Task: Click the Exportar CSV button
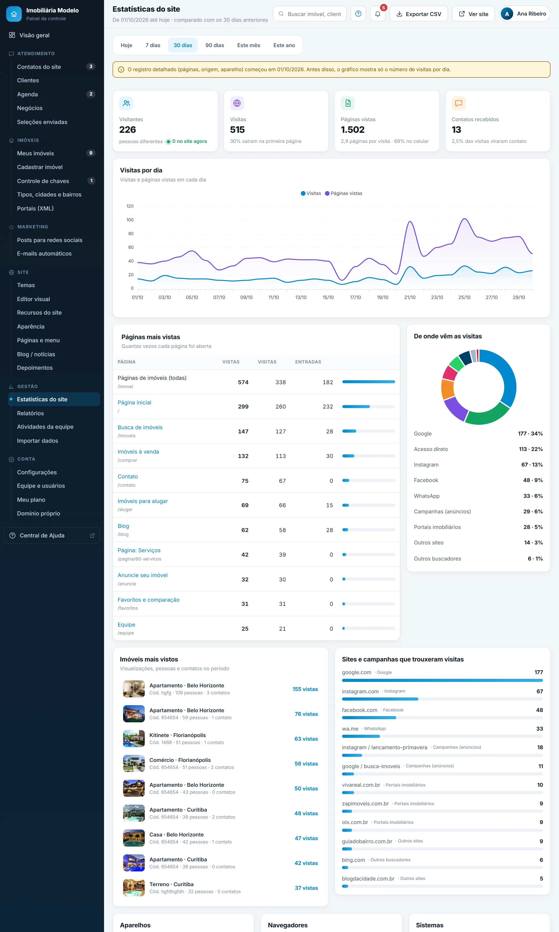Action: click(418, 14)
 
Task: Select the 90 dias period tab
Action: click(214, 45)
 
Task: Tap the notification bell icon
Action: click(377, 14)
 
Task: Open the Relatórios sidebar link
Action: click(31, 413)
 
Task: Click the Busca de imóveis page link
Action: click(140, 427)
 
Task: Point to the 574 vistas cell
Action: click(243, 382)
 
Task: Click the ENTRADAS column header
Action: click(308, 362)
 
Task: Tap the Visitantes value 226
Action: click(127, 130)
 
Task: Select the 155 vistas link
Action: click(305, 689)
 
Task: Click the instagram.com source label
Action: click(360, 691)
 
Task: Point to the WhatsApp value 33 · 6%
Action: click(533, 496)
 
